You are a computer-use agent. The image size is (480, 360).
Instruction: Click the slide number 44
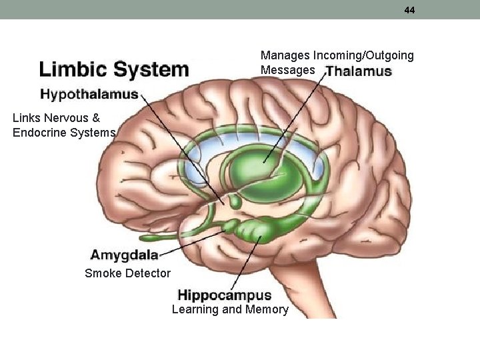tap(409, 10)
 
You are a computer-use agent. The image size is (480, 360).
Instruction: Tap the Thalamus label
tap(359, 71)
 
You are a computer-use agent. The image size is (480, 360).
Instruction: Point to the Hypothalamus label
tap(89, 94)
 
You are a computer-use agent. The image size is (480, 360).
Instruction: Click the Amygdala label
tap(125, 255)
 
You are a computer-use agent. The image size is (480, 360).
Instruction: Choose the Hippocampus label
tap(225, 295)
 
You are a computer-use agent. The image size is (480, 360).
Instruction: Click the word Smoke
tap(102, 273)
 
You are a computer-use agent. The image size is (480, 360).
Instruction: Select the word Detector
tap(147, 273)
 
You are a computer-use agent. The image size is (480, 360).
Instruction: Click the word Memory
tap(267, 309)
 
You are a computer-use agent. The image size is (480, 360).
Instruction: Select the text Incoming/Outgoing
tap(363, 55)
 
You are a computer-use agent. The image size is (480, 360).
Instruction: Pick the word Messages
tap(288, 70)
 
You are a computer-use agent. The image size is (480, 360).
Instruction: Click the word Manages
tap(285, 55)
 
